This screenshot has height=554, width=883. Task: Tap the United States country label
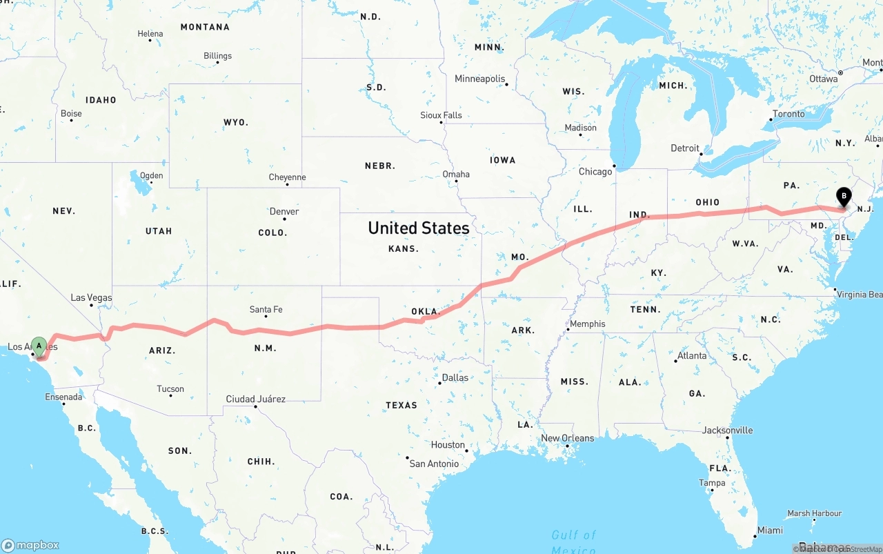tap(418, 228)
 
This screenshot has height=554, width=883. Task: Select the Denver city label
tap(284, 211)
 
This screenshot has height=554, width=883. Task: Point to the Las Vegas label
tap(91, 298)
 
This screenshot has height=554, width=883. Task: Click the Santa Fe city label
tap(266, 309)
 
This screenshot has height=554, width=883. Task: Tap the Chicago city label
tap(595, 171)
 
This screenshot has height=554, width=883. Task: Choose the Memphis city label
tap(588, 324)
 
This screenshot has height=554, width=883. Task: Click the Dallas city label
tap(455, 377)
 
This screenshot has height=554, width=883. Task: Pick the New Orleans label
tap(567, 438)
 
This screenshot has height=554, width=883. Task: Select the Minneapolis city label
tap(480, 79)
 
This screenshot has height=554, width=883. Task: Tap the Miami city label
tap(770, 530)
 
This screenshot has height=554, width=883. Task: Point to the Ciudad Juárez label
tap(255, 399)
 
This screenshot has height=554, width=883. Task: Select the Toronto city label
tap(788, 114)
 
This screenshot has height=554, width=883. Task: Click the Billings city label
tap(217, 56)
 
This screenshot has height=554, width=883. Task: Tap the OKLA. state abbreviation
tap(426, 311)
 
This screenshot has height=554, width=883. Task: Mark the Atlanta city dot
tap(675, 361)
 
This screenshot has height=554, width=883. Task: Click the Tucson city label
tap(170, 388)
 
